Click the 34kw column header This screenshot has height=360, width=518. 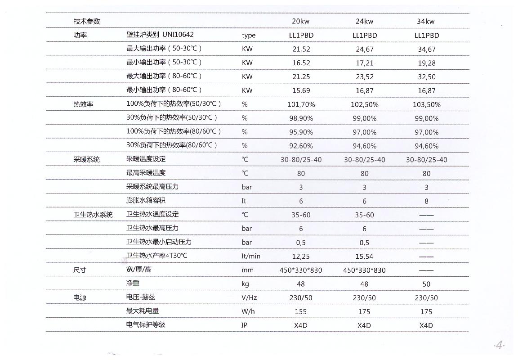[426, 21]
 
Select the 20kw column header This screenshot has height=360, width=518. [301, 21]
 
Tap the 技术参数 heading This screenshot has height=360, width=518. [87, 21]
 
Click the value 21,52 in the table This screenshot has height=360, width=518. [301, 49]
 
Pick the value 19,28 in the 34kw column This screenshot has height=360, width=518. [426, 63]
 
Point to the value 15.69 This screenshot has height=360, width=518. [301, 90]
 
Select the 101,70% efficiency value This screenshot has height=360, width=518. [301, 104]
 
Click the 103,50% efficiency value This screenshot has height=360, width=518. [426, 104]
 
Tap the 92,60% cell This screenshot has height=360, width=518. [301, 146]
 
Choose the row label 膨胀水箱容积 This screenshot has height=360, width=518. [146, 200]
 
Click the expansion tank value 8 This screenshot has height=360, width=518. [426, 201]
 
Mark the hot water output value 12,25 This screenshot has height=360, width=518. [301, 256]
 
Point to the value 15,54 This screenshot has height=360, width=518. [364, 256]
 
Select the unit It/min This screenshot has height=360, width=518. [250, 256]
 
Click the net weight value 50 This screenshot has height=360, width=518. [426, 284]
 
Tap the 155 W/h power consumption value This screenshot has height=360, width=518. [301, 311]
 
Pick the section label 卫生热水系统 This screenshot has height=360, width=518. [93, 215]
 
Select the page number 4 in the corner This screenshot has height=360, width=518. [500, 346]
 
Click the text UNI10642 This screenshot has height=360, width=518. [178, 35]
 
